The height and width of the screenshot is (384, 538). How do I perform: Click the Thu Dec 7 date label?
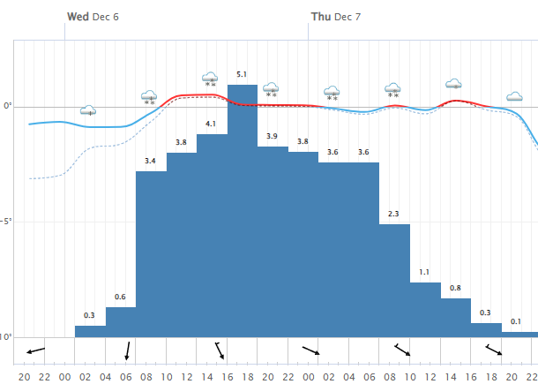pyautogui.click(x=336, y=17)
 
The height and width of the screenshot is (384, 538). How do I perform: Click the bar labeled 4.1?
pyautogui.click(x=212, y=235)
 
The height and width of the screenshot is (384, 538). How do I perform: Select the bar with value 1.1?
pyautogui.click(x=425, y=309)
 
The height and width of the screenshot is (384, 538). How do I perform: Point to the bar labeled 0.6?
pyautogui.click(x=121, y=321)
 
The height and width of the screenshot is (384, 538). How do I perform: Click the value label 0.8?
pyautogui.click(x=455, y=288)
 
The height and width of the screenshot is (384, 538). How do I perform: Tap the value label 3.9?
pyautogui.click(x=273, y=136)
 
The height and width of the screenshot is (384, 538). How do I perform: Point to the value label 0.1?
pyautogui.click(x=516, y=321)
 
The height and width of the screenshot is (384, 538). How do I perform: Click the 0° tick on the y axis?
pyautogui.click(x=8, y=107)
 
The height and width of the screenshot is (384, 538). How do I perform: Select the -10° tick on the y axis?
pyautogui.click(x=6, y=337)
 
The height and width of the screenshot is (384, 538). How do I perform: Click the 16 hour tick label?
pyautogui.click(x=228, y=377)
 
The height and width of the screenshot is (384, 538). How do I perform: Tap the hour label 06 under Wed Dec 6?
pyautogui.click(x=126, y=377)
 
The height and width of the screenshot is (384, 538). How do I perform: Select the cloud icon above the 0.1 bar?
pyautogui.click(x=514, y=96)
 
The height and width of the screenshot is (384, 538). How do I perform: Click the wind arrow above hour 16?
pyautogui.click(x=220, y=350)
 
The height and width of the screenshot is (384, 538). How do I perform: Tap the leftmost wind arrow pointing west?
pyautogui.click(x=35, y=351)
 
